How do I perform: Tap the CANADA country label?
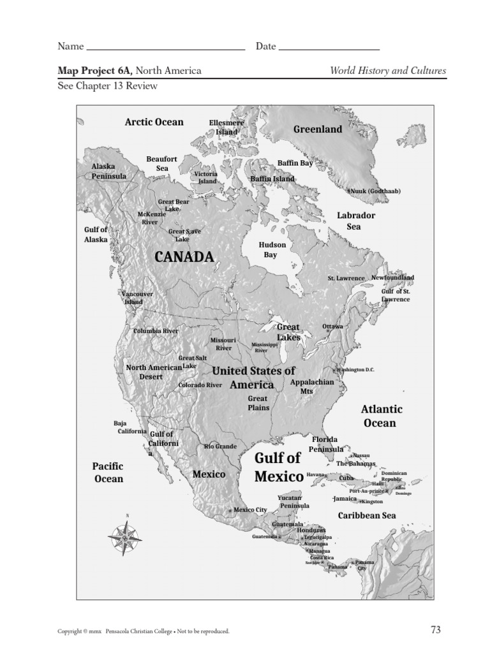point(184,257)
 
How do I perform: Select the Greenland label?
point(318,129)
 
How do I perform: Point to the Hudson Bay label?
point(272,249)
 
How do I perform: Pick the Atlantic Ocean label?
point(382,416)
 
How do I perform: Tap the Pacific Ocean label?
point(108,473)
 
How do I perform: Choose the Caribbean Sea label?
point(367,515)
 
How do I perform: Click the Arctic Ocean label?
point(154,122)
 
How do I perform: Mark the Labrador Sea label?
point(356,221)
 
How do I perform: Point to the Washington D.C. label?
point(360,370)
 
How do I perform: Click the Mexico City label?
point(250,510)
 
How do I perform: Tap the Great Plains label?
point(258,403)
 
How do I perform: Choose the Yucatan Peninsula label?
point(294,501)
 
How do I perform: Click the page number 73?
point(436,630)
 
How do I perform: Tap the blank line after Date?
point(329,47)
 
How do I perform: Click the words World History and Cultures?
point(388,71)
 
